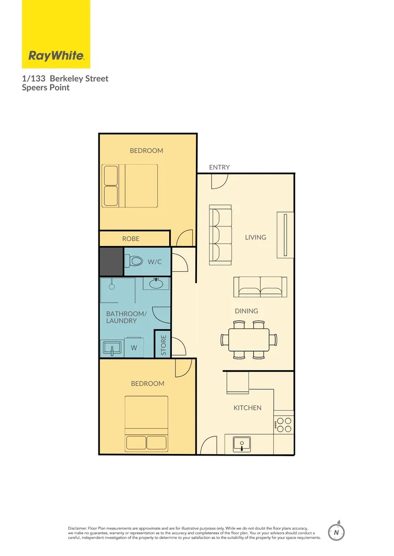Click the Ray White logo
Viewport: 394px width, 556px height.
[56, 56]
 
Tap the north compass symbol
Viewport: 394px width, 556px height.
[336, 531]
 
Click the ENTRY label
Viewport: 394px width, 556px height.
[219, 167]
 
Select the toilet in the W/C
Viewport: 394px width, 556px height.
[134, 262]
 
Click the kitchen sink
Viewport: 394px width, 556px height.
[241, 444]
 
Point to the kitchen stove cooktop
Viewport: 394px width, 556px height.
[284, 425]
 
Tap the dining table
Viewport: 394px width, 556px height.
[249, 339]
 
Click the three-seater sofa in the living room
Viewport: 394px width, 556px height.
[220, 235]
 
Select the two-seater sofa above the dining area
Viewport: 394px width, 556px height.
[260, 287]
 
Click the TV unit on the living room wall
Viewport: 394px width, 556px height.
[285, 234]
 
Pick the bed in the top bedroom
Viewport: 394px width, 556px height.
[130, 186]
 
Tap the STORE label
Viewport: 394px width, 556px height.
[163, 345]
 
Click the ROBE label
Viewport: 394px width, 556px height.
[130, 239]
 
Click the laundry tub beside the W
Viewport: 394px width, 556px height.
[112, 348]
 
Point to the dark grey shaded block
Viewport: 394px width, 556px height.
[111, 262]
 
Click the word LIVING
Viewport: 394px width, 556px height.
[255, 237]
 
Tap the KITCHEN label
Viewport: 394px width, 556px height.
[248, 408]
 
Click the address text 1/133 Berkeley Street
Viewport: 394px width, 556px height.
[65, 79]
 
